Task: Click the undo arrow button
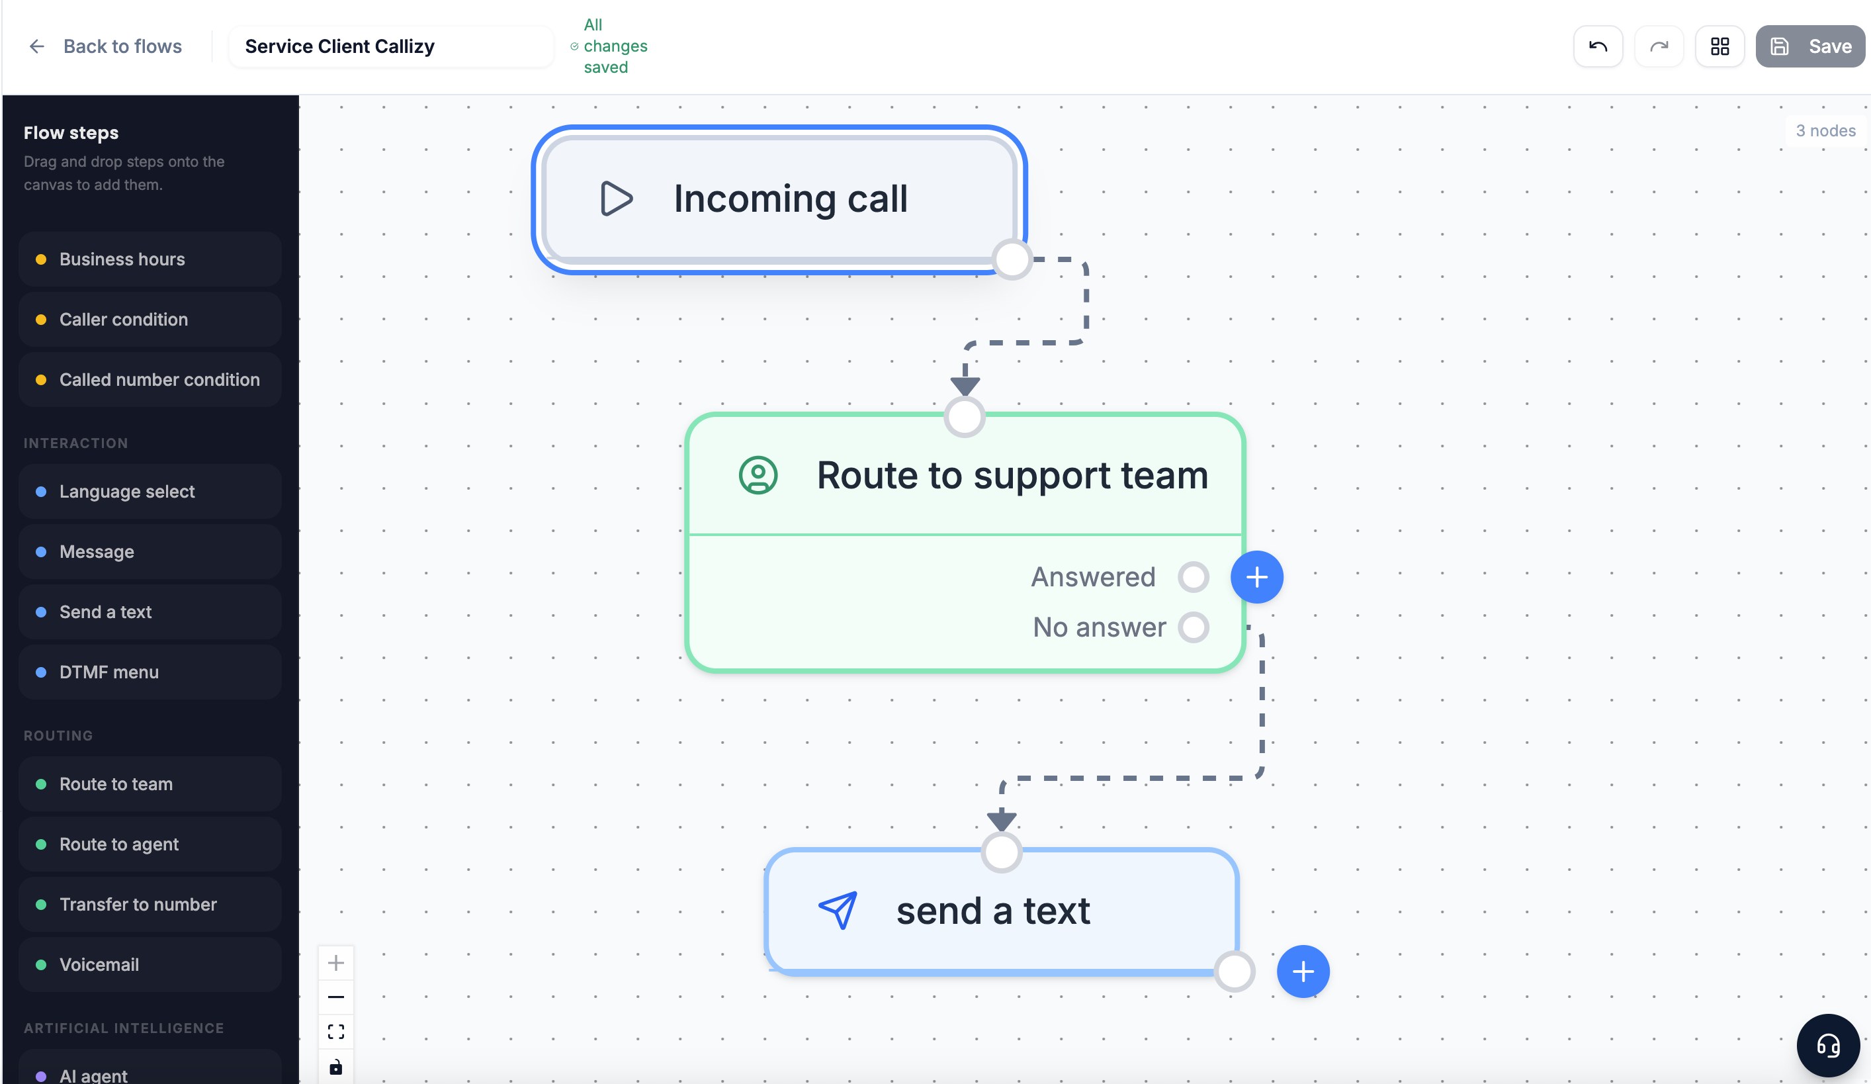pyautogui.click(x=1598, y=46)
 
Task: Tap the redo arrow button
pyautogui.click(x=1659, y=46)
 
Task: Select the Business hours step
pyautogui.click(x=150, y=259)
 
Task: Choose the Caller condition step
pyautogui.click(x=150, y=319)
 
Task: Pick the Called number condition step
pyautogui.click(x=150, y=379)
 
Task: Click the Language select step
pyautogui.click(x=150, y=492)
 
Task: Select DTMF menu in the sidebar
pyautogui.click(x=150, y=672)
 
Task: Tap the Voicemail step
pyautogui.click(x=150, y=964)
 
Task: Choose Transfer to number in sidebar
pyautogui.click(x=150, y=904)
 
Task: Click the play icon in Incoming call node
pyautogui.click(x=616, y=199)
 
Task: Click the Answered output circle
pyautogui.click(x=1193, y=577)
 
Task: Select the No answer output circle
pyautogui.click(x=1193, y=627)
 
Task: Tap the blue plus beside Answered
pyautogui.click(x=1256, y=577)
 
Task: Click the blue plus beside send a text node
pyautogui.click(x=1303, y=971)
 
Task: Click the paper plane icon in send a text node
pyautogui.click(x=838, y=910)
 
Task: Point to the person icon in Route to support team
pyautogui.click(x=758, y=475)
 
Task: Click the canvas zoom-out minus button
pyautogui.click(x=335, y=997)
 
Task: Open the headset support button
pyautogui.click(x=1828, y=1046)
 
